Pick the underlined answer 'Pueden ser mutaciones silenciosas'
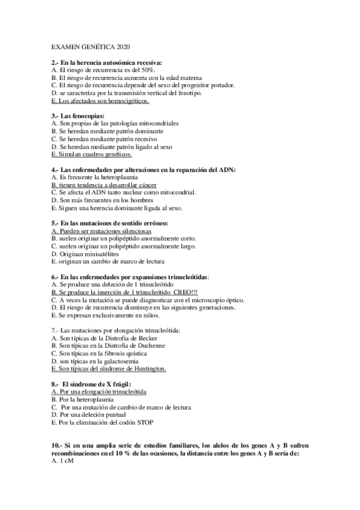pos(102,231)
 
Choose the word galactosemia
pos(118,361)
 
